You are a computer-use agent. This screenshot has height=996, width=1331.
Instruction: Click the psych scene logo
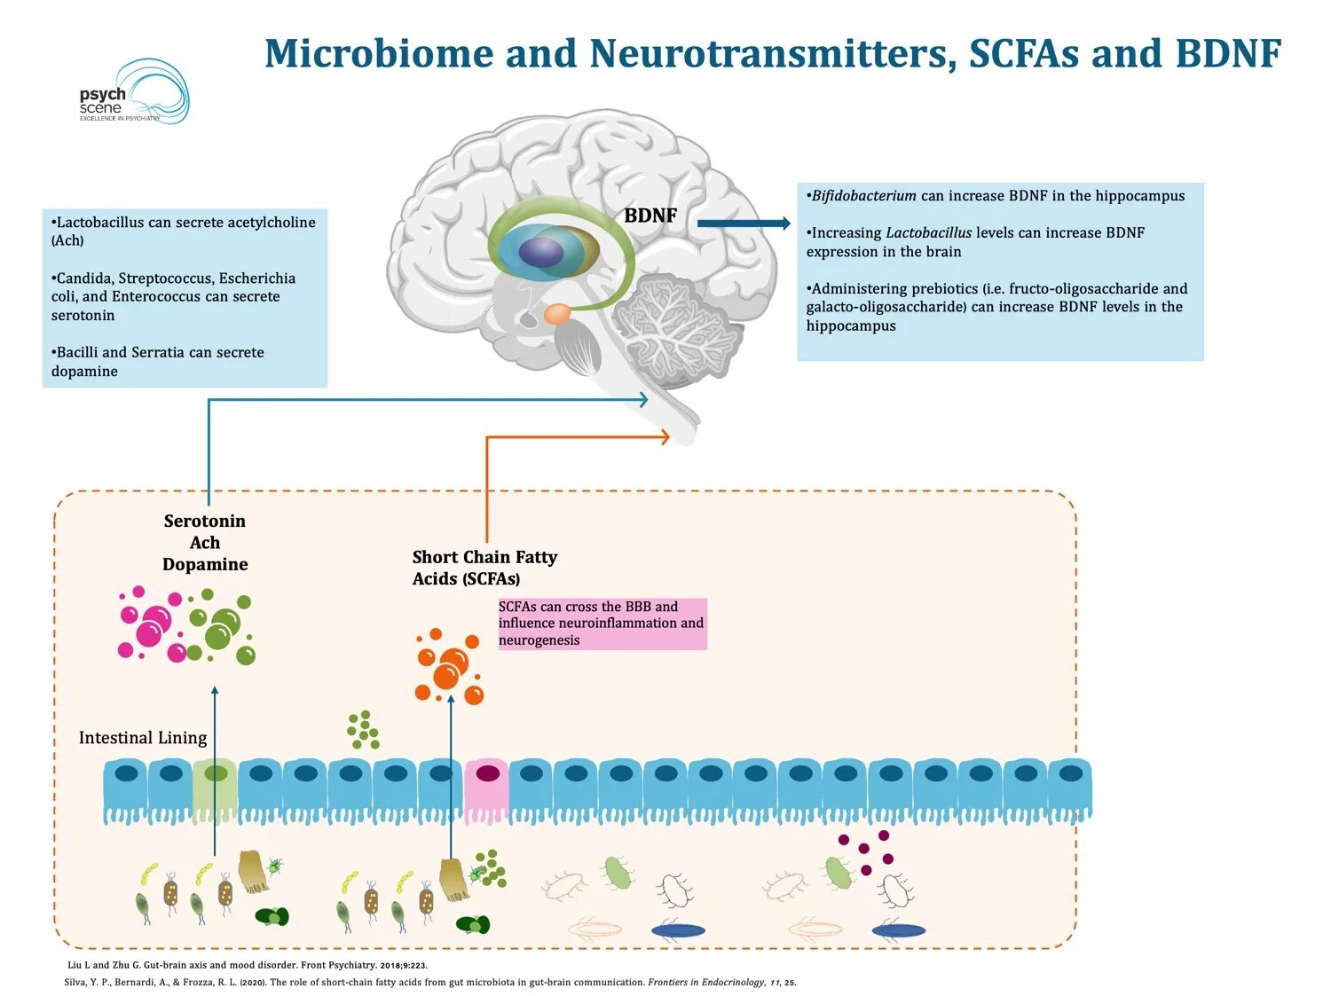134,92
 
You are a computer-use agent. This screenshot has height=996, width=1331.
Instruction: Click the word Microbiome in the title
380,53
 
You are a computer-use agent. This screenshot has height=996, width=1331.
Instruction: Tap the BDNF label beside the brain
650,215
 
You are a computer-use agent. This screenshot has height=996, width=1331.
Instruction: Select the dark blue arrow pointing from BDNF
744,224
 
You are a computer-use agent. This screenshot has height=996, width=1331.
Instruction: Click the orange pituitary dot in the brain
557,313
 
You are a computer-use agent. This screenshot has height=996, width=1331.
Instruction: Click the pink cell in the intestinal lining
487,790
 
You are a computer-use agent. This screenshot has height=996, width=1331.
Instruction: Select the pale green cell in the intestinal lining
215,790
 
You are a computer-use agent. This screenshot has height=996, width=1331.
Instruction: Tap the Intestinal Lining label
143,737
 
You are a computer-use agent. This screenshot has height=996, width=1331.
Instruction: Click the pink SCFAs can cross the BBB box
602,623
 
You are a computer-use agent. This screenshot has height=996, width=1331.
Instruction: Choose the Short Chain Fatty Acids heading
484,568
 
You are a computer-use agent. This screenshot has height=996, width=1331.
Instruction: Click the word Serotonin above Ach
205,521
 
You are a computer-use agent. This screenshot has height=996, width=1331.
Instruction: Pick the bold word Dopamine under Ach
205,565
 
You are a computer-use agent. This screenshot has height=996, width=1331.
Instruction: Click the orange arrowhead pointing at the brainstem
665,436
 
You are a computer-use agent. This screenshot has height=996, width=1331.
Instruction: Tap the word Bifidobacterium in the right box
863,196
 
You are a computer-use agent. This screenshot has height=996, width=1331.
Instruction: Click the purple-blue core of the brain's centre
541,251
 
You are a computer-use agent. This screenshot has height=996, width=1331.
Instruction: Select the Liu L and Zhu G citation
248,965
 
